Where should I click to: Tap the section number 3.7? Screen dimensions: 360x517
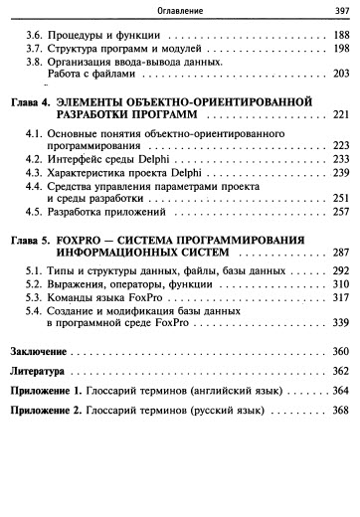35,48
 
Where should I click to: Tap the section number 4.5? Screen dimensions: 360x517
35,212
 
